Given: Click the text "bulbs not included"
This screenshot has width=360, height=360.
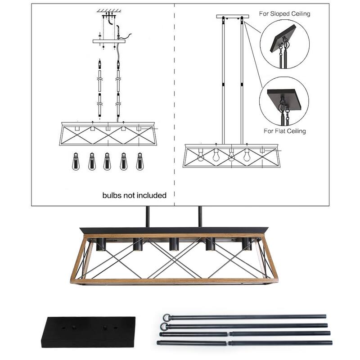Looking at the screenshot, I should (x=135, y=195).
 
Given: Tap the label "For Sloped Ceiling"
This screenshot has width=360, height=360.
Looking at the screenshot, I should (x=284, y=13).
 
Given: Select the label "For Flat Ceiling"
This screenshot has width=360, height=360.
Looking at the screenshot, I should (x=284, y=131).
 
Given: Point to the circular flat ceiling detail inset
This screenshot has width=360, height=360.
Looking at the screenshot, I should (x=284, y=101).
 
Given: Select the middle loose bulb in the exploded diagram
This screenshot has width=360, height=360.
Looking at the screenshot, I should (x=108, y=161).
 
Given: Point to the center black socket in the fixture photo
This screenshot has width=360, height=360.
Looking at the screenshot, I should (x=173, y=244).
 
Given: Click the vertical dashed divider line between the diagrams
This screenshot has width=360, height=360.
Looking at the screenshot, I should (x=174, y=103).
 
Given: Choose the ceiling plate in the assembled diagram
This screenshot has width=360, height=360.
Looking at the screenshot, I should (x=232, y=17).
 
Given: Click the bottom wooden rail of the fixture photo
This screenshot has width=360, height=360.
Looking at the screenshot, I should (x=174, y=281).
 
